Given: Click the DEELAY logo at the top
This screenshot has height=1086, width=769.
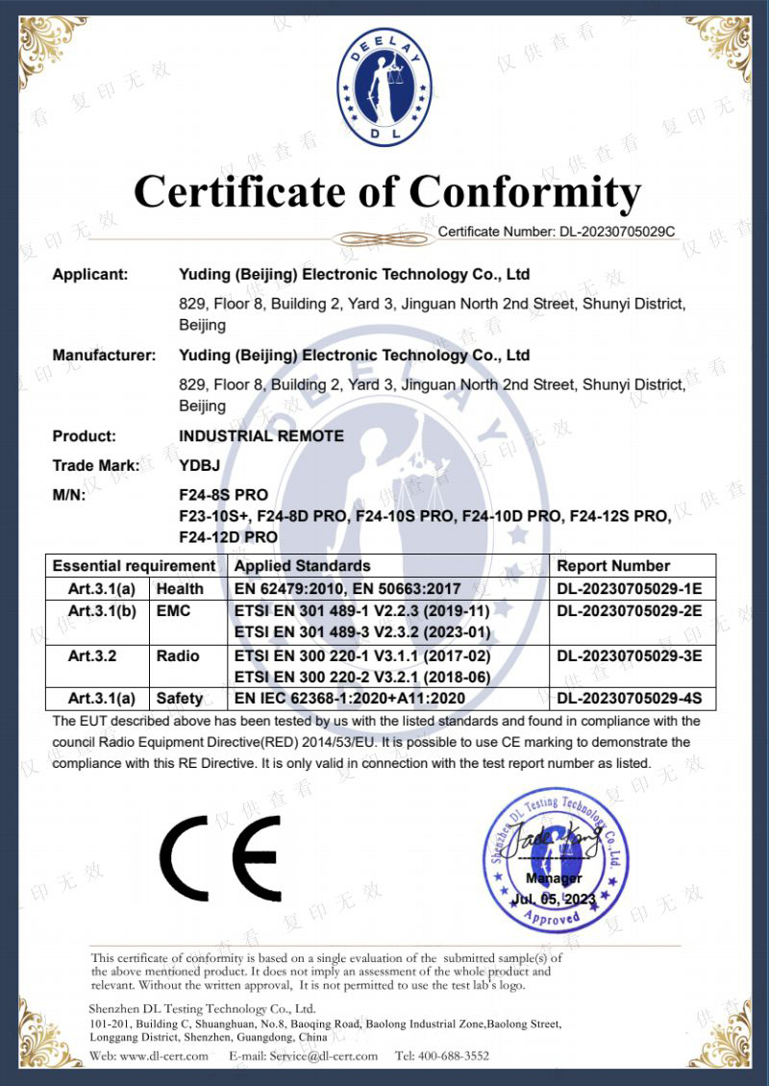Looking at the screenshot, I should click(384, 87).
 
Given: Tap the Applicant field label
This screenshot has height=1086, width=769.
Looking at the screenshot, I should click(90, 275).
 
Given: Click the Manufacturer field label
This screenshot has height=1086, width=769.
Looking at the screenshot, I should click(104, 356).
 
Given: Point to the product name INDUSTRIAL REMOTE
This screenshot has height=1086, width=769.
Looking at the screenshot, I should click(261, 436).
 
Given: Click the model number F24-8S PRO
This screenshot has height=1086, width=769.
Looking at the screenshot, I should click(223, 496).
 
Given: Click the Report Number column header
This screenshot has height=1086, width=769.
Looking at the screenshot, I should click(613, 566).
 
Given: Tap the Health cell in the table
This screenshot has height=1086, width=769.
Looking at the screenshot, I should click(180, 588).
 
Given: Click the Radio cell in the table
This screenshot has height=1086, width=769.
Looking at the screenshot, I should click(178, 655).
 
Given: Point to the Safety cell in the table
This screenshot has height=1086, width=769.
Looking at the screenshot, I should click(180, 699).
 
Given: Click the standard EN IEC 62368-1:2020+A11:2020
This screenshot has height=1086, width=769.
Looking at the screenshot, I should click(350, 699).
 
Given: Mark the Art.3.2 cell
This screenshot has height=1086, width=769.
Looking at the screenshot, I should click(93, 655).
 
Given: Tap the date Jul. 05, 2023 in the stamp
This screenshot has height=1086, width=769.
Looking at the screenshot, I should click(555, 899).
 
